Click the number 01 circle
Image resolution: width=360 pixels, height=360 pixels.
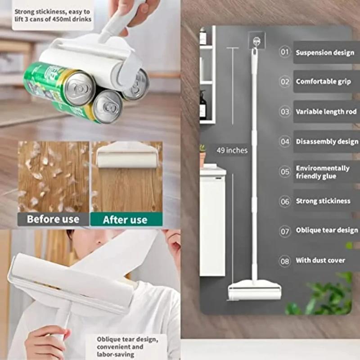point(285,52)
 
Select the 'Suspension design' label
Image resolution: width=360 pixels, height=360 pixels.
point(325,53)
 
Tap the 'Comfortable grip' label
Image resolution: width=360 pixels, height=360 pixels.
point(323,82)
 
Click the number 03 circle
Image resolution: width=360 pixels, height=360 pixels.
point(285,112)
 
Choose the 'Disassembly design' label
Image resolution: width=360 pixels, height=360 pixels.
point(327,142)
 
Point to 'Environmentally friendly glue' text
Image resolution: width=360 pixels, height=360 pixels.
point(322,172)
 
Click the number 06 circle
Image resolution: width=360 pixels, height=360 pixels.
point(285,201)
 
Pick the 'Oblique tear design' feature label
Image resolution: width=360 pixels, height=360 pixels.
point(327,230)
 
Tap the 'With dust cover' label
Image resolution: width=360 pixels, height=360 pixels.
point(320,260)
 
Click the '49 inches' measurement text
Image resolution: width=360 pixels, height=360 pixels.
point(232,150)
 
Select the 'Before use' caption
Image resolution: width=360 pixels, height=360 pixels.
point(53,220)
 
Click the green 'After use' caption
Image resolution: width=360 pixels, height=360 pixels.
point(125,220)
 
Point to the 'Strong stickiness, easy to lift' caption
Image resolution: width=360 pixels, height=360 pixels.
point(53,15)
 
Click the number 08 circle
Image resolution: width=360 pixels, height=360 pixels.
point(285,261)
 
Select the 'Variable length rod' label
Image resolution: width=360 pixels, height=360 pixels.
point(326,112)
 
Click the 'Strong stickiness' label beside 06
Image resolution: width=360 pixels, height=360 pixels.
point(323,201)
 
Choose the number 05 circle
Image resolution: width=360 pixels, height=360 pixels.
point(285,172)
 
